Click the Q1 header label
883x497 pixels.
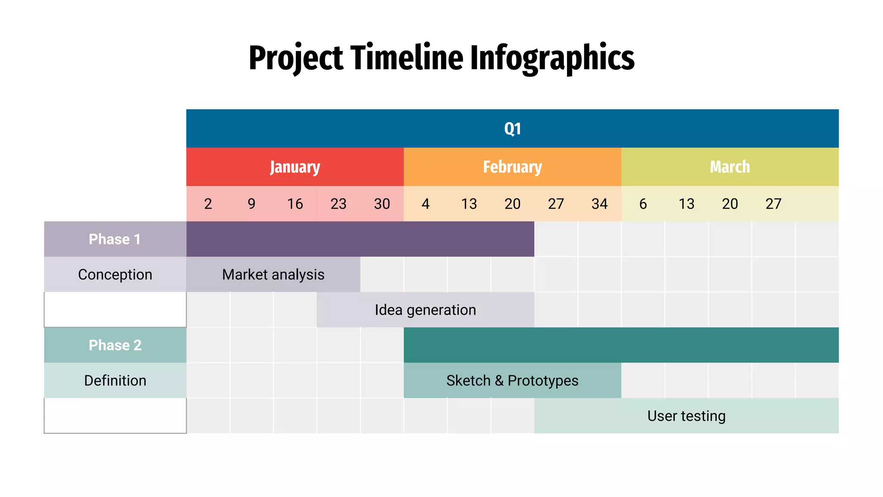click(512, 129)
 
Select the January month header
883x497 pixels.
click(295, 167)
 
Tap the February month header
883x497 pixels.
click(512, 167)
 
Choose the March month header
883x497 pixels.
click(730, 167)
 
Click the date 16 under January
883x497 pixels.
click(295, 204)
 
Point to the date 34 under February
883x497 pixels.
click(599, 204)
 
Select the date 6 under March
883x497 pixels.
click(643, 204)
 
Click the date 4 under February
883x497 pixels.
click(426, 204)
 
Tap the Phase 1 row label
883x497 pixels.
click(115, 239)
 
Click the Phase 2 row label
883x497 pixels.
click(115, 345)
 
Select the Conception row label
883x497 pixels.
click(115, 274)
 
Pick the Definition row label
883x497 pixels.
click(115, 381)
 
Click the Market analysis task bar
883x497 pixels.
click(273, 274)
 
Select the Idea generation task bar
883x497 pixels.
click(425, 310)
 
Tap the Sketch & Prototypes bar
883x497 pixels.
click(512, 381)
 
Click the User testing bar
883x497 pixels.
click(686, 416)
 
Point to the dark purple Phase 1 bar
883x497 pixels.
click(360, 239)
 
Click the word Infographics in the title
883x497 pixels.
click(552, 58)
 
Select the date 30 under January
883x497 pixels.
click(382, 204)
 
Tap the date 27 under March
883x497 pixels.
click(773, 204)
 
